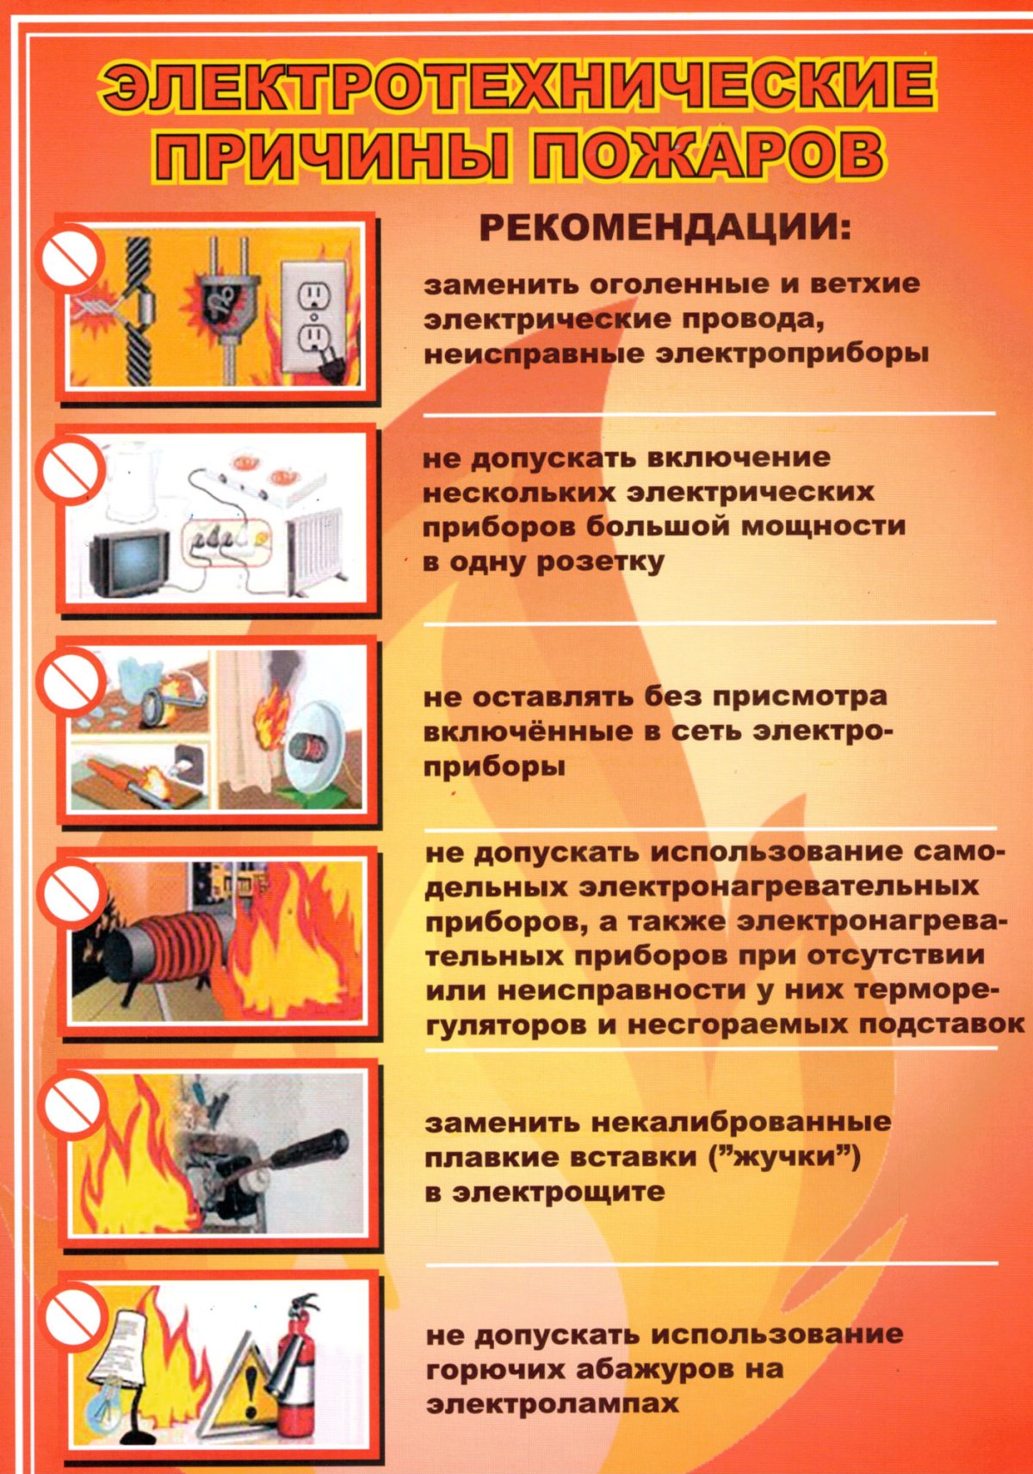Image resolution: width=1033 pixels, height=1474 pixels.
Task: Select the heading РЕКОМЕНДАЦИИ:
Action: click(x=664, y=228)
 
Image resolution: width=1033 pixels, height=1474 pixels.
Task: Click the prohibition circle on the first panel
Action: click(x=69, y=257)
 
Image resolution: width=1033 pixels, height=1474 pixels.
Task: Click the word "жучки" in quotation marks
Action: click(x=783, y=1156)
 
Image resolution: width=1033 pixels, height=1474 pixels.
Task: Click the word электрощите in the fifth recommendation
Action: click(x=560, y=1192)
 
